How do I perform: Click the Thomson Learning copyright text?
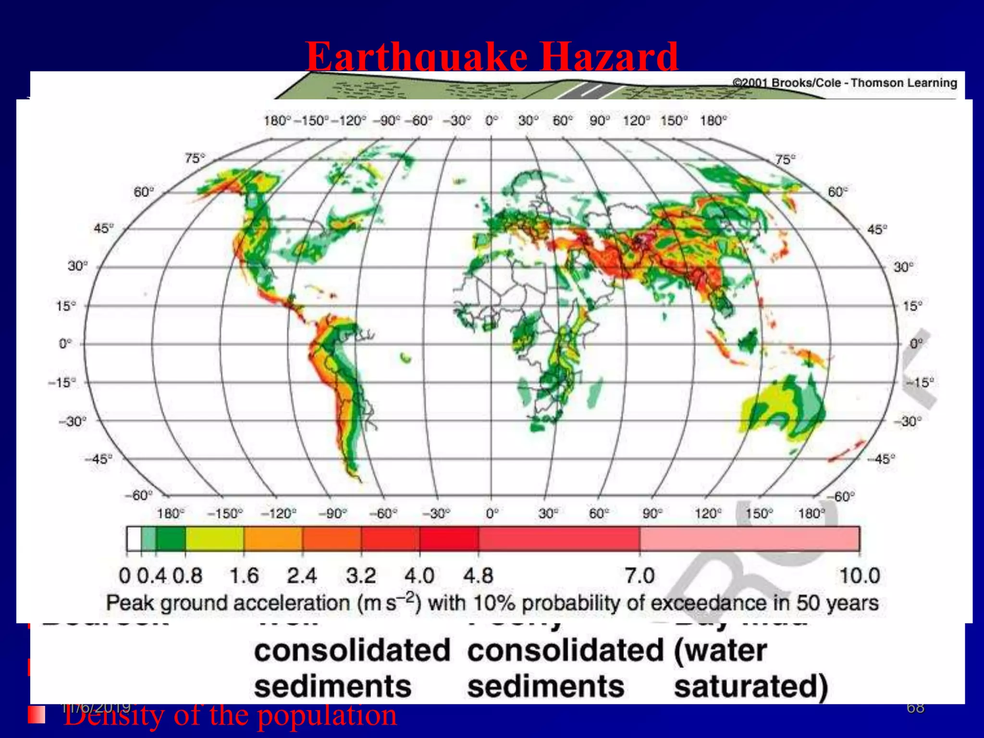click(845, 83)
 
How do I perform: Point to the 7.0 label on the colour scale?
click(640, 576)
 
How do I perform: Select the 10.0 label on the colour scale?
click(859, 576)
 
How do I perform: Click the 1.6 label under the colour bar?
click(244, 576)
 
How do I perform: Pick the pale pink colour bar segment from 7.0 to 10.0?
click(750, 538)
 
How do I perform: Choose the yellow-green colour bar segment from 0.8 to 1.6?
click(214, 538)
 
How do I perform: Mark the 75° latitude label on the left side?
click(195, 158)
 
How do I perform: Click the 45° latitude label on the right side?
click(877, 229)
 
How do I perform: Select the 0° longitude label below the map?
click(492, 514)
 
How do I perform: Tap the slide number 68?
click(915, 707)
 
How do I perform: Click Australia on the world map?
click(783, 408)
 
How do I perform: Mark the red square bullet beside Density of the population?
click(37, 714)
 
